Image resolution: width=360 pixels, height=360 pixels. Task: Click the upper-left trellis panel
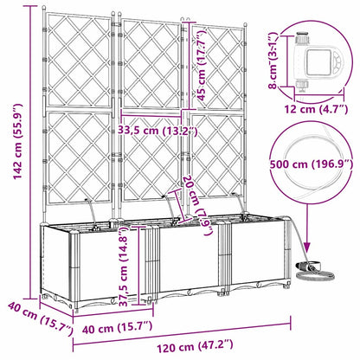[78, 61]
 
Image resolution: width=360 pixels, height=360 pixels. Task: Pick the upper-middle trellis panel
[147, 65]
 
